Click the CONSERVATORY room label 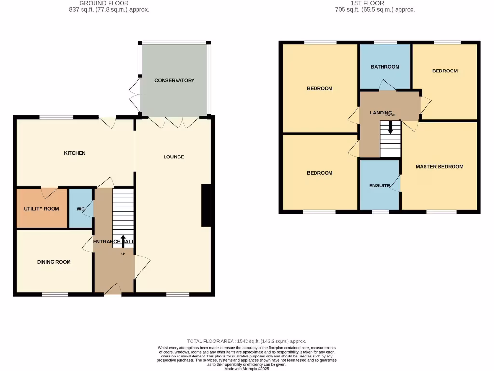[x=174, y=81]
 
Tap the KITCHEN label [x=75, y=153]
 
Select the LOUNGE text [x=174, y=157]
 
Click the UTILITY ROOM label [x=41, y=209]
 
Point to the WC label [x=81, y=209]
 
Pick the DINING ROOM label [x=54, y=262]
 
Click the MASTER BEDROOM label [x=439, y=167]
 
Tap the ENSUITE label [x=380, y=185]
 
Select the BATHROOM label [x=385, y=67]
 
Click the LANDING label [x=381, y=113]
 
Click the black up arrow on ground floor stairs [x=123, y=239]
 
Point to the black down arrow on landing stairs [x=390, y=129]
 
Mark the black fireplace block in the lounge [x=206, y=205]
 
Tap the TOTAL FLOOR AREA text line [x=247, y=341]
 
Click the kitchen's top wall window [x=56, y=117]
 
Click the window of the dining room [x=55, y=294]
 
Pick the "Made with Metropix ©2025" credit [x=247, y=369]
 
